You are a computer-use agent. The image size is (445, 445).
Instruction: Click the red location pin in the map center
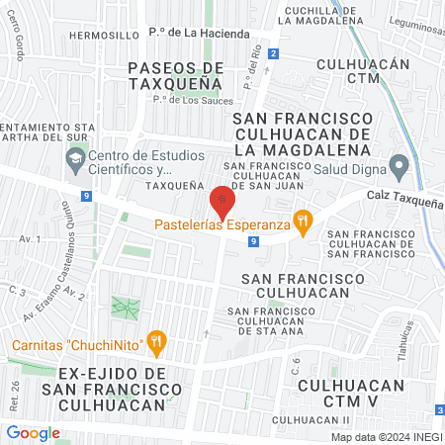click(222, 202)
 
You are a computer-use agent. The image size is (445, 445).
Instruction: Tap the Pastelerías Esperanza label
click(221, 224)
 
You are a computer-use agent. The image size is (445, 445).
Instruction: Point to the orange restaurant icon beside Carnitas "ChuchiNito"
click(155, 343)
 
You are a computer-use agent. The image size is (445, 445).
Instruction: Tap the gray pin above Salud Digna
click(399, 164)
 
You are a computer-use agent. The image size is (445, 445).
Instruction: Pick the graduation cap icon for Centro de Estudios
click(75, 157)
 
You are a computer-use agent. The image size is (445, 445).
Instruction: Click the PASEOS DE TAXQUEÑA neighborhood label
click(177, 76)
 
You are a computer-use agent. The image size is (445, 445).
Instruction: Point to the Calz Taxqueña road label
click(405, 199)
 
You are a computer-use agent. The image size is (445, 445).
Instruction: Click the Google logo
click(33, 432)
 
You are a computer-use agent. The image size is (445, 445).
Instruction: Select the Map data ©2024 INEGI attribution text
click(386, 437)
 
